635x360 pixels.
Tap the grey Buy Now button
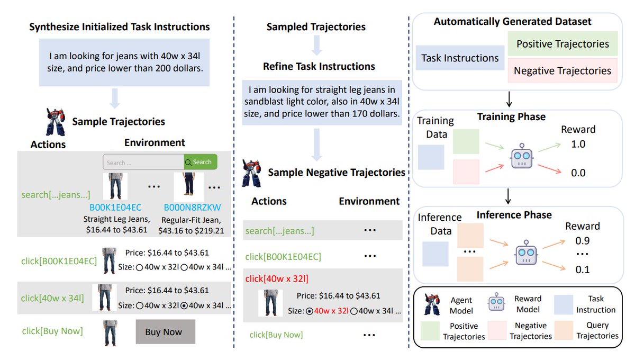pyautogui.click(x=165, y=332)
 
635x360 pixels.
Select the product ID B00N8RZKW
pyautogui.click(x=192, y=206)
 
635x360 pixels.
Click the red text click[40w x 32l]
pyautogui.click(x=277, y=278)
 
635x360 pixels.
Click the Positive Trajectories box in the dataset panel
pyautogui.click(x=562, y=44)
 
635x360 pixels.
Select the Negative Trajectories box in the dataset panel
pyautogui.click(x=562, y=70)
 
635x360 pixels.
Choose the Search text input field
pyautogui.click(x=143, y=163)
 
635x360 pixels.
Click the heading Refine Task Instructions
pyautogui.click(x=319, y=67)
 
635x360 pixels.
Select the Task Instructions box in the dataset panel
pyautogui.click(x=460, y=58)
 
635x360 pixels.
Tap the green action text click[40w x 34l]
pyautogui.click(x=52, y=298)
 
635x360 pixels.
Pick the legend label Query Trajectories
pyautogui.click(x=597, y=330)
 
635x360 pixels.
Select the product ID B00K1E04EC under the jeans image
pyautogui.click(x=115, y=206)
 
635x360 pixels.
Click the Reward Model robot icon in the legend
pyautogui.click(x=496, y=303)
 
